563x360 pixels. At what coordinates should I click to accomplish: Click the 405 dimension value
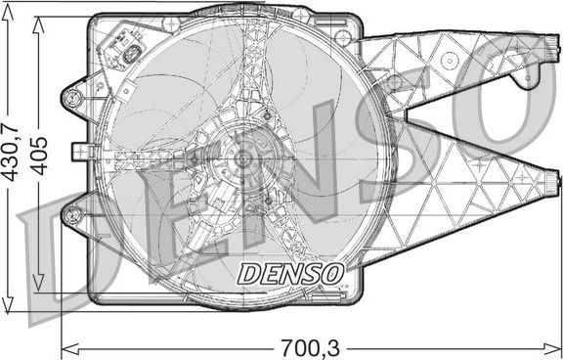[40, 154]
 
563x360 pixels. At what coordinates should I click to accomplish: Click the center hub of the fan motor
[240, 157]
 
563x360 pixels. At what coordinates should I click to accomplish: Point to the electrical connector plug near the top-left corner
[124, 51]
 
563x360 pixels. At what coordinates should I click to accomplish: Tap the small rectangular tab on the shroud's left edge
[83, 153]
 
